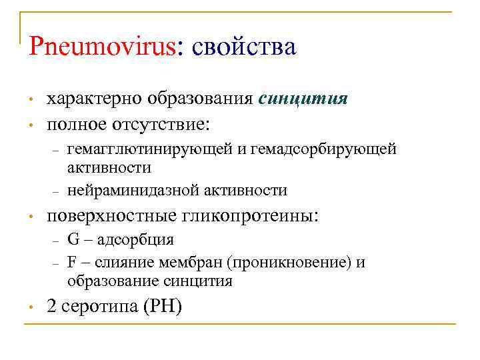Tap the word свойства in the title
click(243, 47)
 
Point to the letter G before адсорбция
click(73, 240)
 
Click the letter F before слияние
click(71, 262)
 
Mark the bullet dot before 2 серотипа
click(31, 307)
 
